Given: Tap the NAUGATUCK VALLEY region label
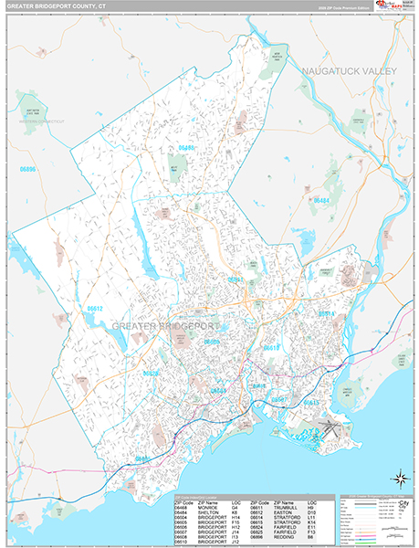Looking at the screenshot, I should tap(347, 69).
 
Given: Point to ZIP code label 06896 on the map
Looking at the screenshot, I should tap(28, 170).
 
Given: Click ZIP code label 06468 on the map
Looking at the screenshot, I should tap(186, 147).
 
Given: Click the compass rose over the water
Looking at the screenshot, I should tap(400, 477).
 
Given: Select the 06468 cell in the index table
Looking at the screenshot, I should tap(183, 508).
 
